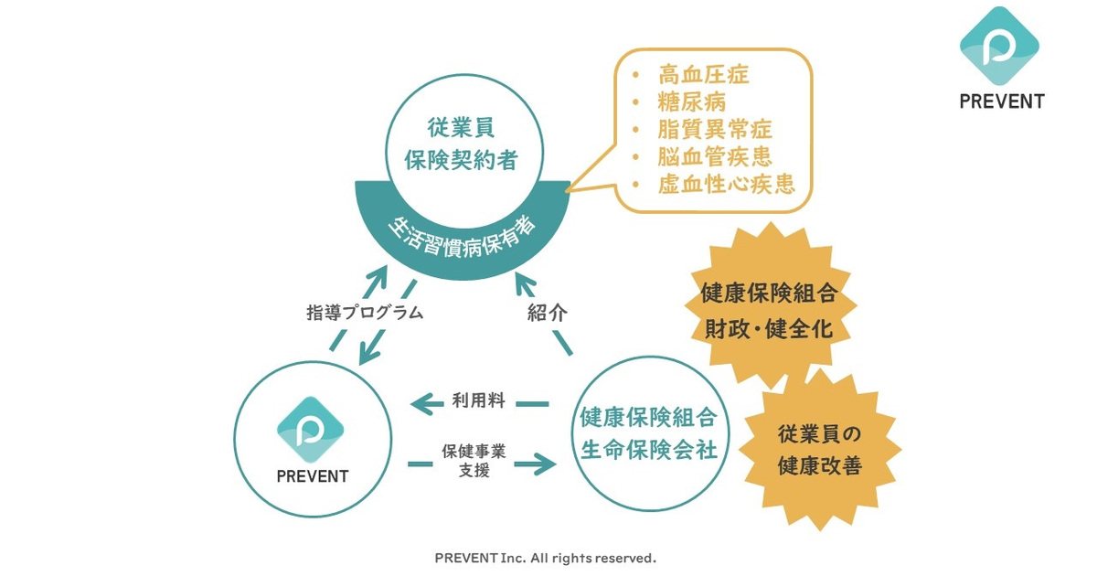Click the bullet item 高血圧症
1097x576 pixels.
(x=703, y=75)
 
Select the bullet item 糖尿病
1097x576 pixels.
(x=691, y=102)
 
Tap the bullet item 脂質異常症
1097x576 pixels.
(x=715, y=130)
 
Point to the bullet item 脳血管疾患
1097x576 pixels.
(x=715, y=157)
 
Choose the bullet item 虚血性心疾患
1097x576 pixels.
(x=726, y=185)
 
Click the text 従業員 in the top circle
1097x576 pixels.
(x=461, y=128)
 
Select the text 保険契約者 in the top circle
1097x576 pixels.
(x=461, y=160)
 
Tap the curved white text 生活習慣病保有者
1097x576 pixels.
(x=462, y=237)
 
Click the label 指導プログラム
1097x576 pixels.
(x=365, y=312)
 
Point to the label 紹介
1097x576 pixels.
(x=547, y=313)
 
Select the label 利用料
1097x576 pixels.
(x=478, y=400)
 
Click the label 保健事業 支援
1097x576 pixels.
(x=474, y=461)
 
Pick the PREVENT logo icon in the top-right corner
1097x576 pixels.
(x=999, y=47)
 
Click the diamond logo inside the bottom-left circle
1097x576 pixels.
(x=311, y=430)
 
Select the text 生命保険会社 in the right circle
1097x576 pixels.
(x=649, y=450)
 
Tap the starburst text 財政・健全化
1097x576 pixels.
(x=769, y=328)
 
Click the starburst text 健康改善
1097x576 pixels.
(x=820, y=465)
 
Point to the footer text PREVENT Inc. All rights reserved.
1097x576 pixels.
(x=545, y=558)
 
